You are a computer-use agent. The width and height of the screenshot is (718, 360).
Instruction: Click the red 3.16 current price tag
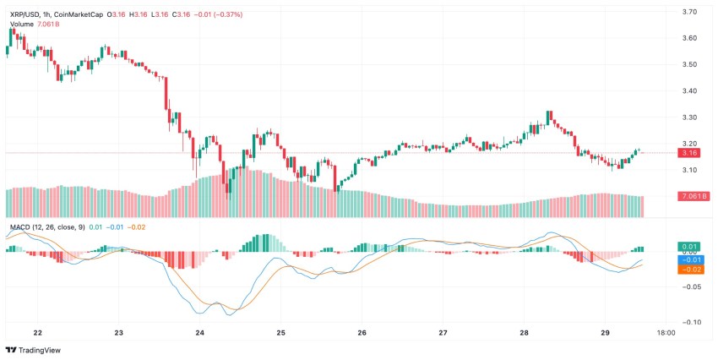689,153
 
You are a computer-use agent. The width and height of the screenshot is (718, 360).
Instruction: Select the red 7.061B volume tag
693,196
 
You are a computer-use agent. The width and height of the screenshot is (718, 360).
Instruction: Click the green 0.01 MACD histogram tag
689,247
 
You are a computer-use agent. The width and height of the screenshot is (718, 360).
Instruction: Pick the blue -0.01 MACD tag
689,259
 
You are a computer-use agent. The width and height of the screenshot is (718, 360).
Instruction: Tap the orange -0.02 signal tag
689,270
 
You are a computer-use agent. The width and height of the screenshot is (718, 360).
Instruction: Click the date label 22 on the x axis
37,333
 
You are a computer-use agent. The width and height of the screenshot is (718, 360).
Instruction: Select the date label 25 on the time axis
280,333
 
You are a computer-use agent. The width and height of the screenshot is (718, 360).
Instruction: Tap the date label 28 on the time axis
524,333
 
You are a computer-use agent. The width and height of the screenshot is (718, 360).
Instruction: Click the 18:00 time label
666,333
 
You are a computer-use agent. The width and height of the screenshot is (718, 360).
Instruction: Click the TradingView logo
34,350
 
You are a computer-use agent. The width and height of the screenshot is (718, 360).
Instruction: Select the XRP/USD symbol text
25,13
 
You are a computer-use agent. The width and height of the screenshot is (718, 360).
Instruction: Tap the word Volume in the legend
22,24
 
